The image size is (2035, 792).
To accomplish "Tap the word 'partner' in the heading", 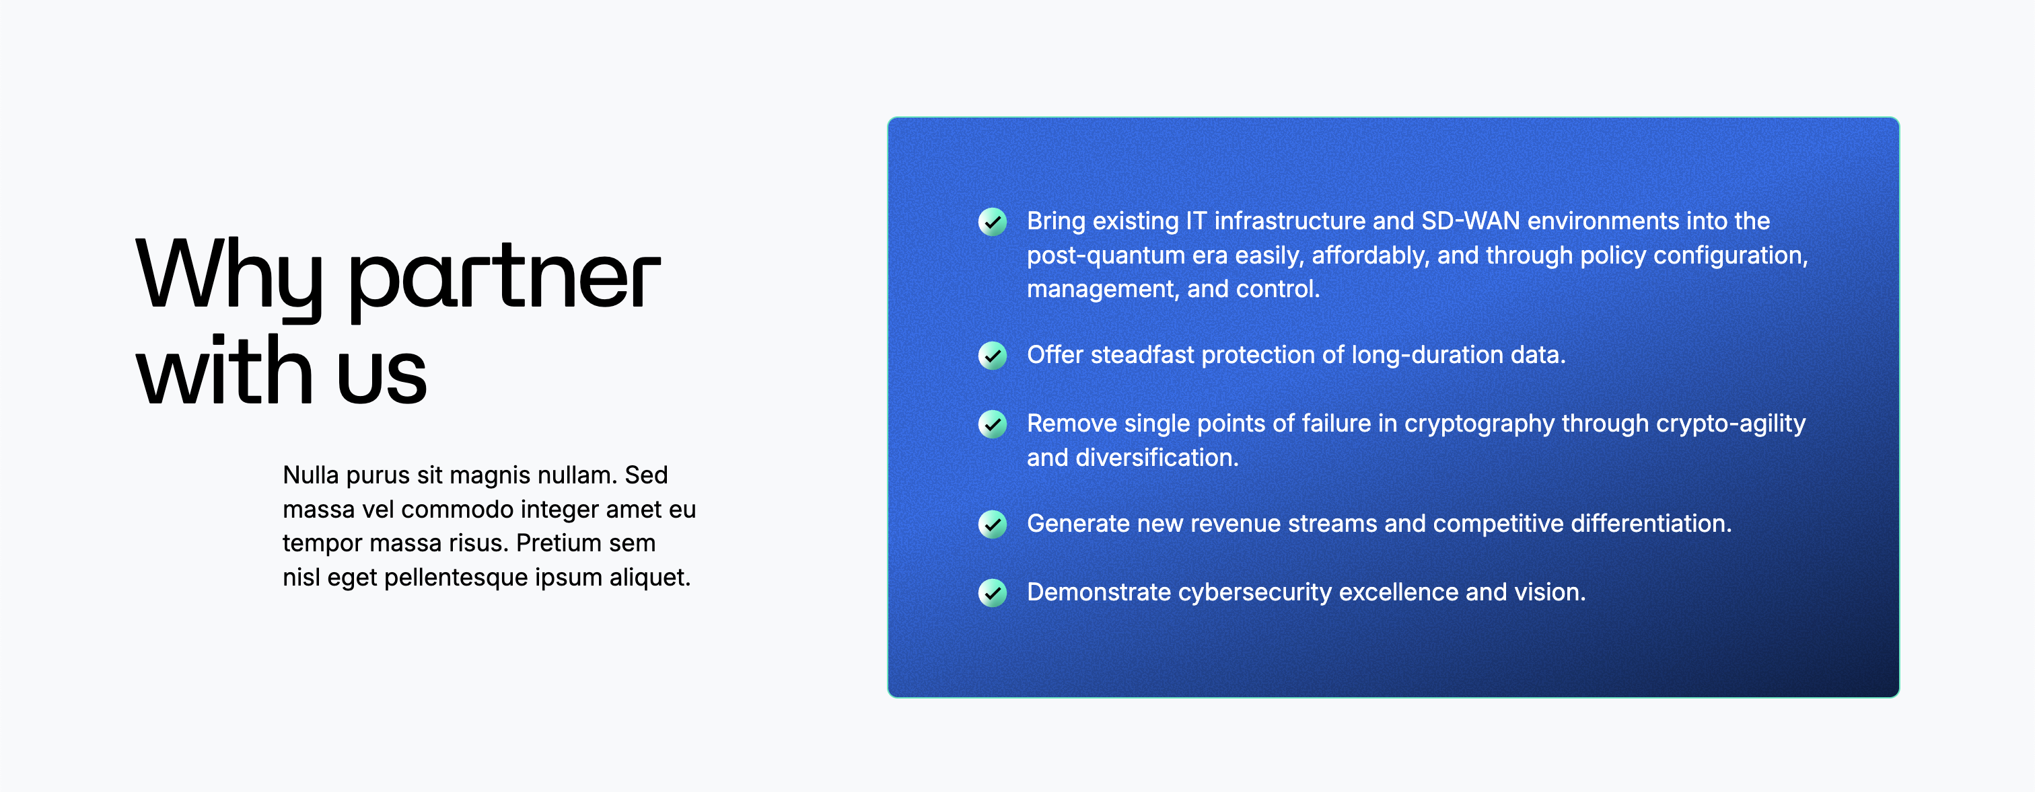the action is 504,281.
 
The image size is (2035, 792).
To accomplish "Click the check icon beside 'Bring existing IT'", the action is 992,222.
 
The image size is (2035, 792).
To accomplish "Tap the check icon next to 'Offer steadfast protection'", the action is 992,356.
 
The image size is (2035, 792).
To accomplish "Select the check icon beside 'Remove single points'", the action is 992,424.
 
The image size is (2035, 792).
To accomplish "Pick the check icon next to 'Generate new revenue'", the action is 992,524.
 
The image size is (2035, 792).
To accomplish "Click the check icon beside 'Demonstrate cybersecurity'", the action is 992,593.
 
